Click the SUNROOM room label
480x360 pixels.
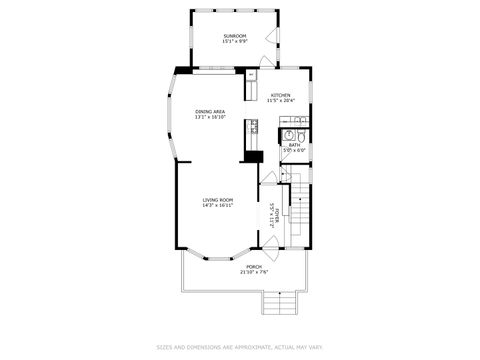(x=234, y=35)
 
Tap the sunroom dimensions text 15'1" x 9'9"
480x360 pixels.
(x=234, y=41)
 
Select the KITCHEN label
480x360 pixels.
(x=280, y=95)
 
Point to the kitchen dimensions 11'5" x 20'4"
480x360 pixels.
(x=280, y=101)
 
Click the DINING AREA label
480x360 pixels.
(x=210, y=111)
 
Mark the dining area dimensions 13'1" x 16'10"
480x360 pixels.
(x=210, y=117)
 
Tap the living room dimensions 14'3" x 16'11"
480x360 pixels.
(x=218, y=205)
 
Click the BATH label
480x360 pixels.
(x=294, y=145)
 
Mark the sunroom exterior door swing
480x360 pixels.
(x=270, y=37)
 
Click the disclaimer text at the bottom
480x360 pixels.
(x=240, y=348)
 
